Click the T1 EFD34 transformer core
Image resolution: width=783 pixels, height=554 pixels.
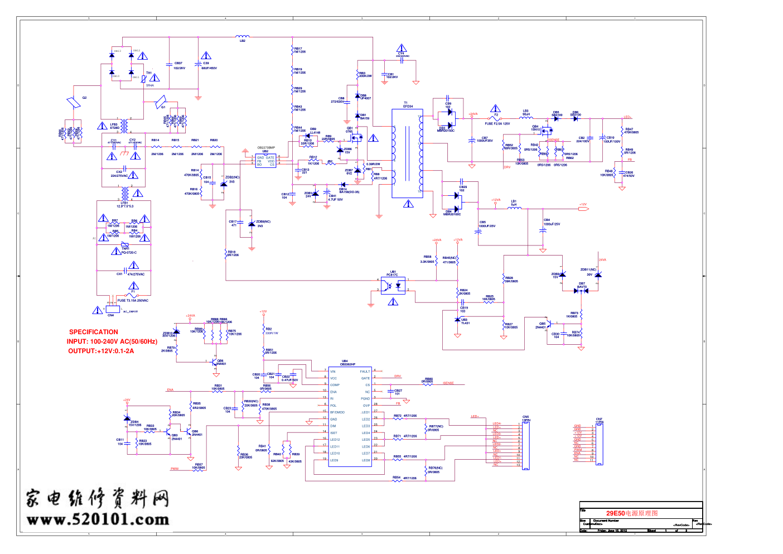(x=407, y=153)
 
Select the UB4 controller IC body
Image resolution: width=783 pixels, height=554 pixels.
(x=350, y=416)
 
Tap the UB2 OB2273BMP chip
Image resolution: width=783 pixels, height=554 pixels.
(x=265, y=161)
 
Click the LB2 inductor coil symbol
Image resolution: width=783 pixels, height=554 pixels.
(x=243, y=37)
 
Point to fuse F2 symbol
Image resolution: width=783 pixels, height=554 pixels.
(x=496, y=118)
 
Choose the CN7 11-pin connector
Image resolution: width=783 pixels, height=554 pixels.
(x=600, y=444)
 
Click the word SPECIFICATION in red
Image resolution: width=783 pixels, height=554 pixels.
(x=94, y=332)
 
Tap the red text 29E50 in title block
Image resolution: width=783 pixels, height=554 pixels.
(x=615, y=513)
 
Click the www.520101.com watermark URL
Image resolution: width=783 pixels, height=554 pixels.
(x=98, y=520)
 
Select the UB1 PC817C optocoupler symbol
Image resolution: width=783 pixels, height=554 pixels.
(x=393, y=285)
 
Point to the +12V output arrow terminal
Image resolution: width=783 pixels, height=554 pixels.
(x=583, y=209)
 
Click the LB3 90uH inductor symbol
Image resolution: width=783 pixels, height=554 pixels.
(x=526, y=118)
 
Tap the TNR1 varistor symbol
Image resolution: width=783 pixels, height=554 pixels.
(x=125, y=245)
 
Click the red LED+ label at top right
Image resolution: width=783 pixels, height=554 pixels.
(x=627, y=117)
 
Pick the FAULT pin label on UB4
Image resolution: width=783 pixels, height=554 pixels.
(x=365, y=372)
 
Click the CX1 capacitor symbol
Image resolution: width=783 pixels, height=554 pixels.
(x=126, y=273)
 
